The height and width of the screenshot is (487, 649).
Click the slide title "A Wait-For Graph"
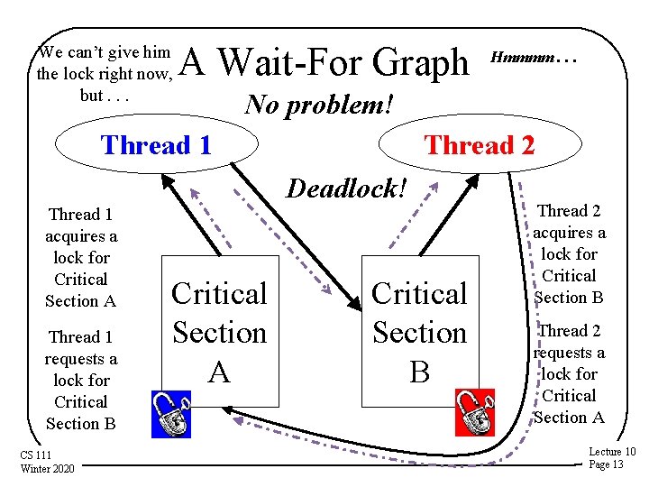click(325, 63)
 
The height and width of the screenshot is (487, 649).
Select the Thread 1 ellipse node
click(156, 145)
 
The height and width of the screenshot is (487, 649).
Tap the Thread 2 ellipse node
click(479, 145)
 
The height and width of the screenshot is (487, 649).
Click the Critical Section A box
click(220, 331)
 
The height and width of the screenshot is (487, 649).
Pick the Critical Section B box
click(420, 331)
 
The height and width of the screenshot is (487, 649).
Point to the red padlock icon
click(474, 414)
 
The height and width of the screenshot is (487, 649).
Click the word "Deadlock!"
click(347, 188)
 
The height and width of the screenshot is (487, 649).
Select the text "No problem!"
click(319, 105)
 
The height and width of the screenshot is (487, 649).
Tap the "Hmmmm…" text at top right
click(532, 56)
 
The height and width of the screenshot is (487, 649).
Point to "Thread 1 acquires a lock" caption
click(81, 257)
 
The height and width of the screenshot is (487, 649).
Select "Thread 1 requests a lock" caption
click(81, 380)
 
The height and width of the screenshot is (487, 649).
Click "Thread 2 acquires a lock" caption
click(570, 253)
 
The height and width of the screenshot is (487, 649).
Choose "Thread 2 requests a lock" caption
click(570, 373)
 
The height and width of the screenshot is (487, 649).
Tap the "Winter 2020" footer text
click(48, 468)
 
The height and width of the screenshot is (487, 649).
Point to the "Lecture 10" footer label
click(611, 452)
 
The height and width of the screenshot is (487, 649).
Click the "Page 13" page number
click(606, 464)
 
